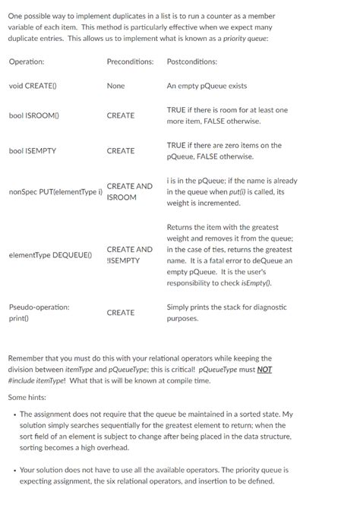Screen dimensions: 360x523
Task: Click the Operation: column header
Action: point(27,61)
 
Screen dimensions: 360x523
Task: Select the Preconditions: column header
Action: point(130,61)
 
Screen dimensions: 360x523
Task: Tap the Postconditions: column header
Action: point(191,61)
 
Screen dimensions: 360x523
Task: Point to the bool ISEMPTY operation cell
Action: point(33,151)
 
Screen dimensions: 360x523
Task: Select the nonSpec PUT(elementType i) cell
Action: point(55,192)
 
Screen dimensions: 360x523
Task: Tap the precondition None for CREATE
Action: point(115,86)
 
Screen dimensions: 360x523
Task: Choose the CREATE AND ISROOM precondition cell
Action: point(129,191)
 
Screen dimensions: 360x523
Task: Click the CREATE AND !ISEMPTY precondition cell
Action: point(129,254)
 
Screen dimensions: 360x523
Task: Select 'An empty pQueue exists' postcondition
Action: point(207,86)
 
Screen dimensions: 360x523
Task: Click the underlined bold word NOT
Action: point(264,369)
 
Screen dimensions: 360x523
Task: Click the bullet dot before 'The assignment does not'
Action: point(14,414)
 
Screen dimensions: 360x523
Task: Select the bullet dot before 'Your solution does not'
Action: point(14,470)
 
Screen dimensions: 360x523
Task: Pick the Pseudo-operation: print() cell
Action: point(39,313)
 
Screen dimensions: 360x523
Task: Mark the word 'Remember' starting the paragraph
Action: point(26,358)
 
